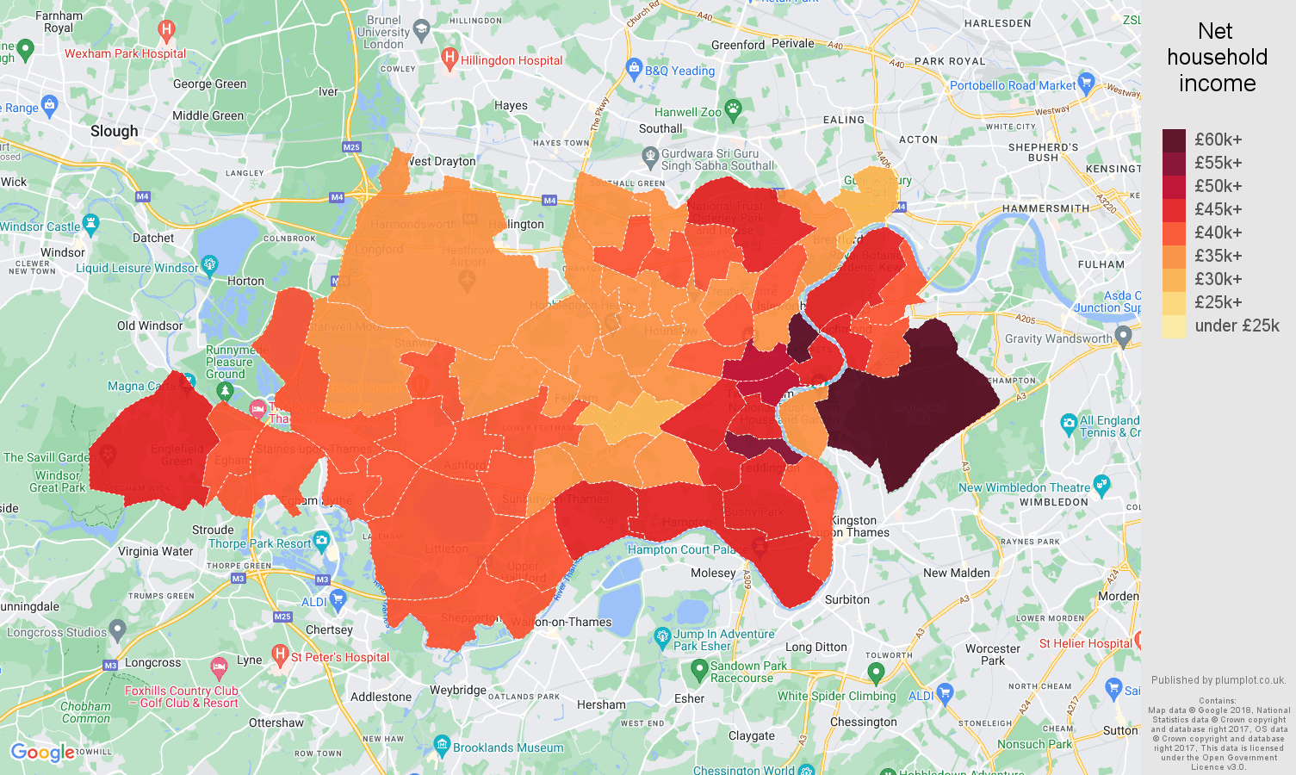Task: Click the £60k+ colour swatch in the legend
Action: tap(1174, 140)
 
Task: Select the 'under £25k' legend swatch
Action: tap(1174, 326)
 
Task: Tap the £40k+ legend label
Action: tap(1218, 232)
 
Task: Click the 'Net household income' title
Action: tap(1216, 58)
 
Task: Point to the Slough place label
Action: tap(114, 131)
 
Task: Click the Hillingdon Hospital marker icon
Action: tap(449, 59)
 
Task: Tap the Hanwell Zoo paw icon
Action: tap(734, 108)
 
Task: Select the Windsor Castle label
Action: tap(40, 226)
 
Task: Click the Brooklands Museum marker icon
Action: tap(442, 743)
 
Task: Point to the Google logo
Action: tap(42, 753)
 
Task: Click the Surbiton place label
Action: tap(846, 599)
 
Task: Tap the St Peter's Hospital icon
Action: tap(279, 654)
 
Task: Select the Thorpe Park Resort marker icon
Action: tap(322, 541)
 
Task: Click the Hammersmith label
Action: tap(1045, 208)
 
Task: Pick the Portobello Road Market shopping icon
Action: tap(1086, 83)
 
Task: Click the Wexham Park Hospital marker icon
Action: tap(166, 32)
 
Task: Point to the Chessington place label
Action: tap(863, 722)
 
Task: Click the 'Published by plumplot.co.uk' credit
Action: tap(1218, 679)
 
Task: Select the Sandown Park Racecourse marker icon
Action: tap(698, 668)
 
